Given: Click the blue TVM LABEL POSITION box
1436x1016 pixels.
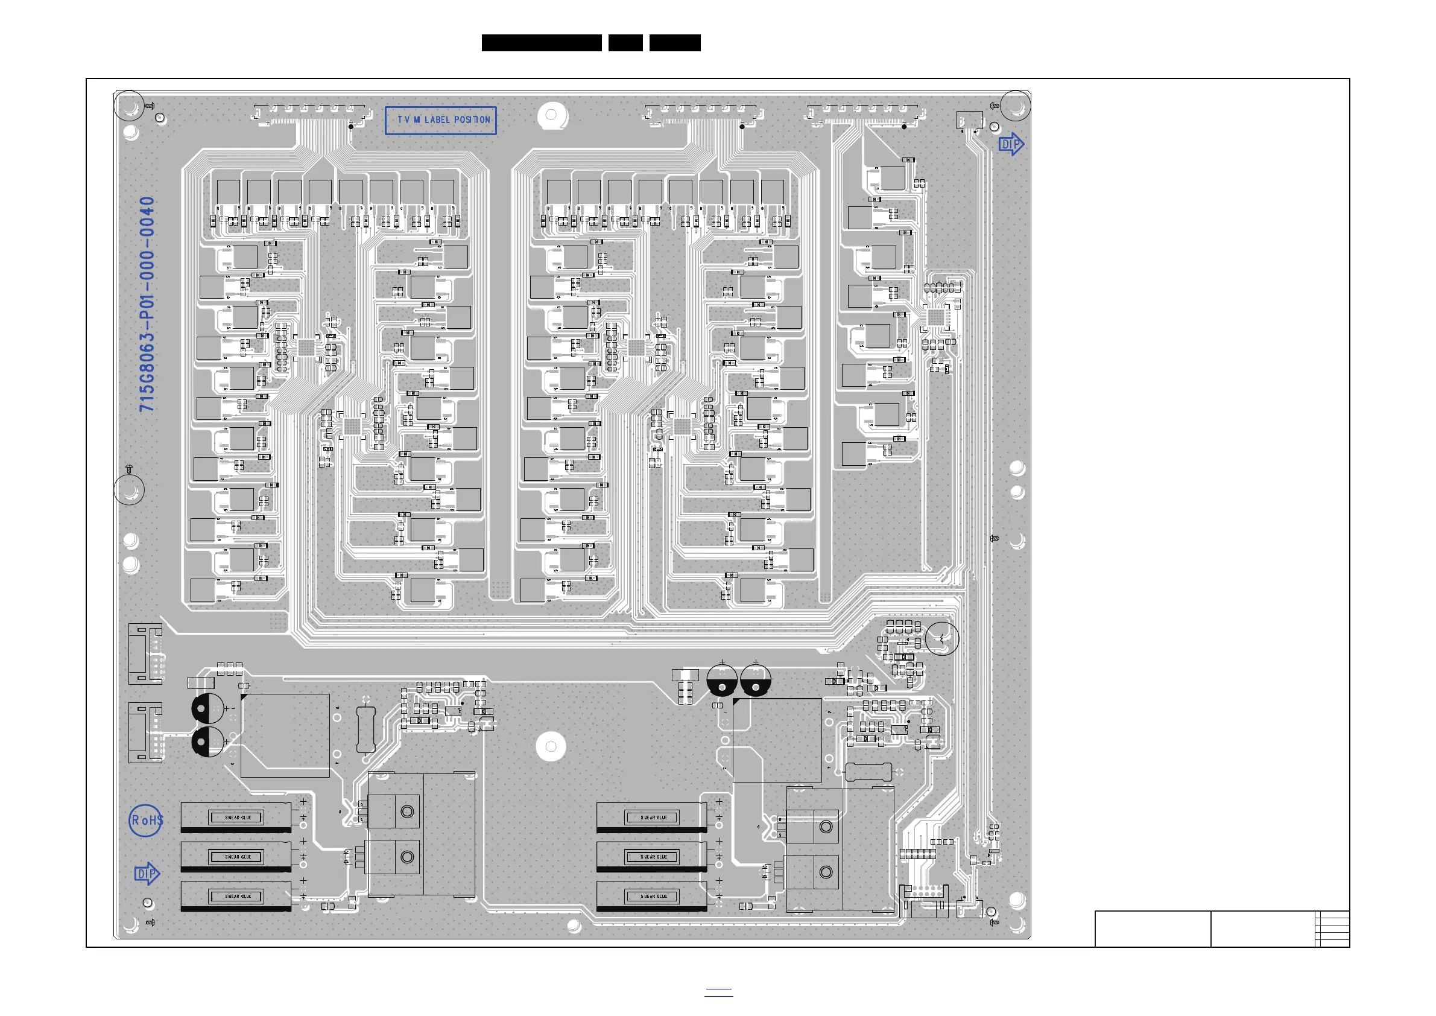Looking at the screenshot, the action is pyautogui.click(x=441, y=120).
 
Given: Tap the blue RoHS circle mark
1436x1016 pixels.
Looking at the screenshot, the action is pyautogui.click(x=147, y=820).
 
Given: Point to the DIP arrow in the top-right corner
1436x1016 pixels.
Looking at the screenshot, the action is pyautogui.click(x=1011, y=145).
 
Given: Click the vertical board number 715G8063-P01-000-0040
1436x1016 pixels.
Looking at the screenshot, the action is pyautogui.click(x=147, y=304).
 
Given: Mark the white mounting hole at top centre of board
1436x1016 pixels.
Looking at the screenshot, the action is pyautogui.click(x=551, y=115).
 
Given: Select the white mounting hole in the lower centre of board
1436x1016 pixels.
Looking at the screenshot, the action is pyautogui.click(x=551, y=746).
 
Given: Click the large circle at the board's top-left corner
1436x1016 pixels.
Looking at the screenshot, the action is pyautogui.click(x=129, y=106).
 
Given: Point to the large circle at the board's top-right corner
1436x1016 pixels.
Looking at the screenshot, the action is pyautogui.click(x=1016, y=106).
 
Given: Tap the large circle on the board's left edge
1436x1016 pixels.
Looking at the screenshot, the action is pyautogui.click(x=129, y=489).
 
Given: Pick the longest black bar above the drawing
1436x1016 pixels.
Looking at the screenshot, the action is pyautogui.click(x=542, y=43).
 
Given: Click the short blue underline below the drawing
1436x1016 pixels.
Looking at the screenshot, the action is pyautogui.click(x=719, y=991).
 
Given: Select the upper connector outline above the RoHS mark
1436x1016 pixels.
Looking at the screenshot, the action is pyautogui.click(x=145, y=654).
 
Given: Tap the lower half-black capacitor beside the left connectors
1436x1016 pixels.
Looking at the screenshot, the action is pyautogui.click(x=208, y=741).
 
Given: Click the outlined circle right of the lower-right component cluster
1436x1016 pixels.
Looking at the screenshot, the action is pyautogui.click(x=942, y=639).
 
